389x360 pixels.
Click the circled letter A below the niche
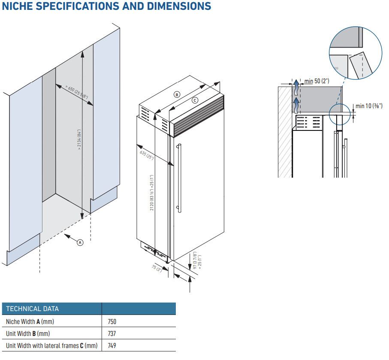click(80, 242)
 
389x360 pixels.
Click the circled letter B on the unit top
click(177, 94)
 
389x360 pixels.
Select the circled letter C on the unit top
click(195, 100)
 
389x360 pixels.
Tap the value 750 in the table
click(112, 321)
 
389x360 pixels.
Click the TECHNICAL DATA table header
click(33, 309)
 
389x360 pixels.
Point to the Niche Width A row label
click(30, 321)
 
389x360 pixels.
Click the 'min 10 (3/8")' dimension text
click(368, 106)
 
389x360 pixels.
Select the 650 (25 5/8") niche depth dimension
click(77, 91)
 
